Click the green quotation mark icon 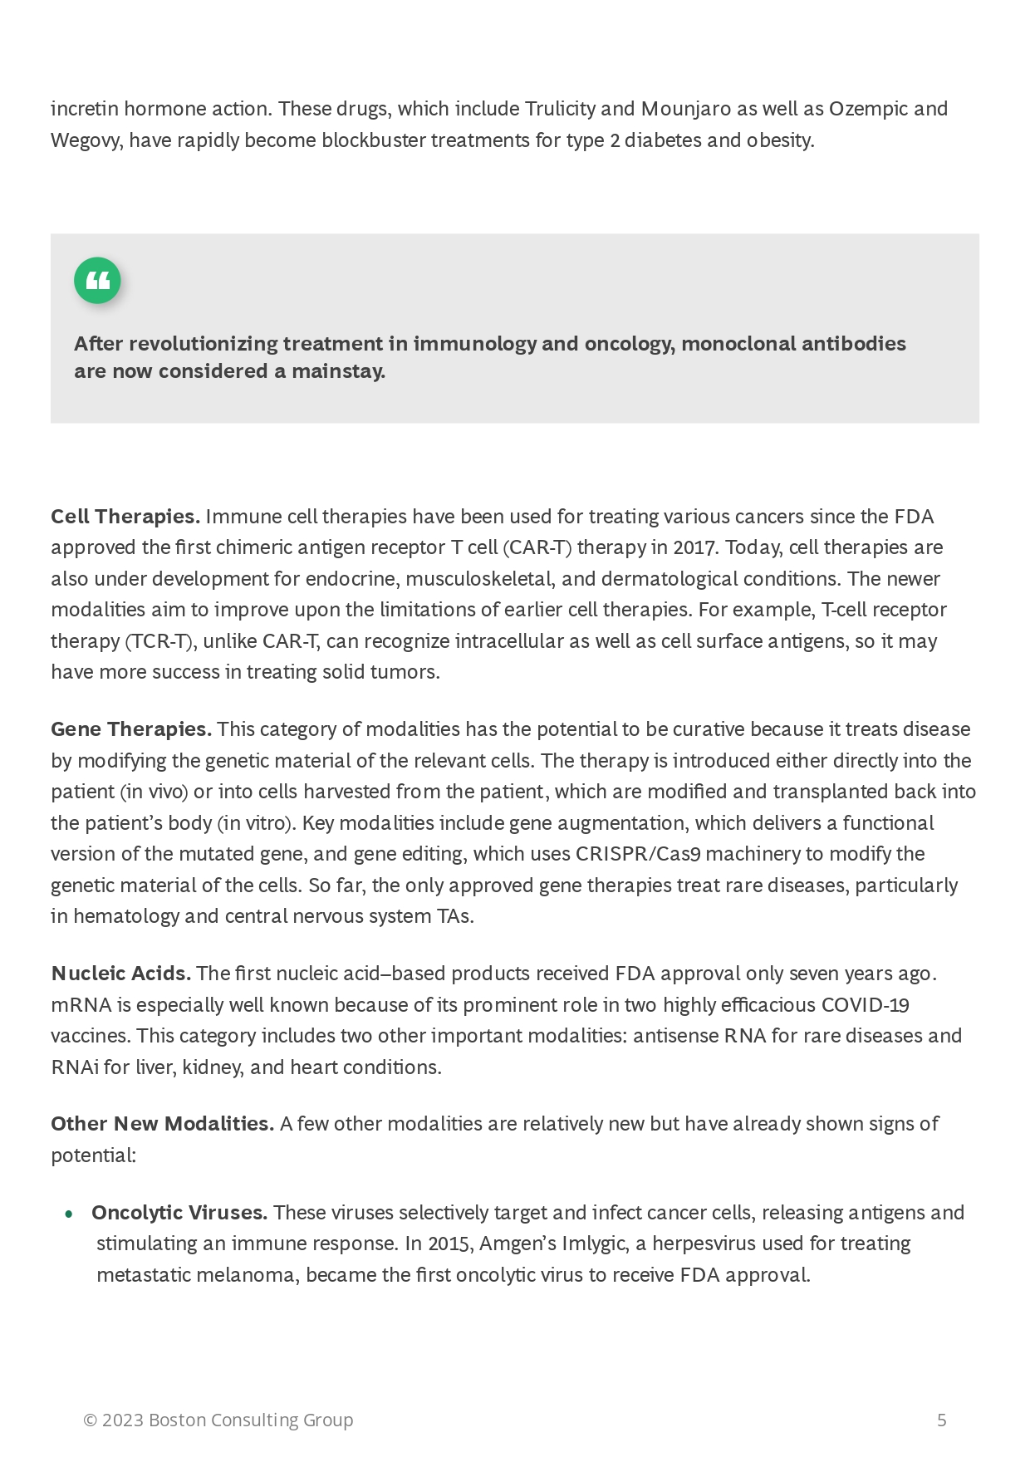click(97, 281)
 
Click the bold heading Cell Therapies click(125, 517)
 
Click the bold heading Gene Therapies click(131, 729)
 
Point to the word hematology click(125, 916)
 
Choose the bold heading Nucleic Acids click(121, 974)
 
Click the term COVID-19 click(865, 1005)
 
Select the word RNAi click(75, 1067)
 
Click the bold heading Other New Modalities click(162, 1124)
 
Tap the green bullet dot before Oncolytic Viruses click(69, 1214)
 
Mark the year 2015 click(449, 1244)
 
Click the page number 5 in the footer click(941, 1420)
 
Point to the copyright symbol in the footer click(90, 1420)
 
